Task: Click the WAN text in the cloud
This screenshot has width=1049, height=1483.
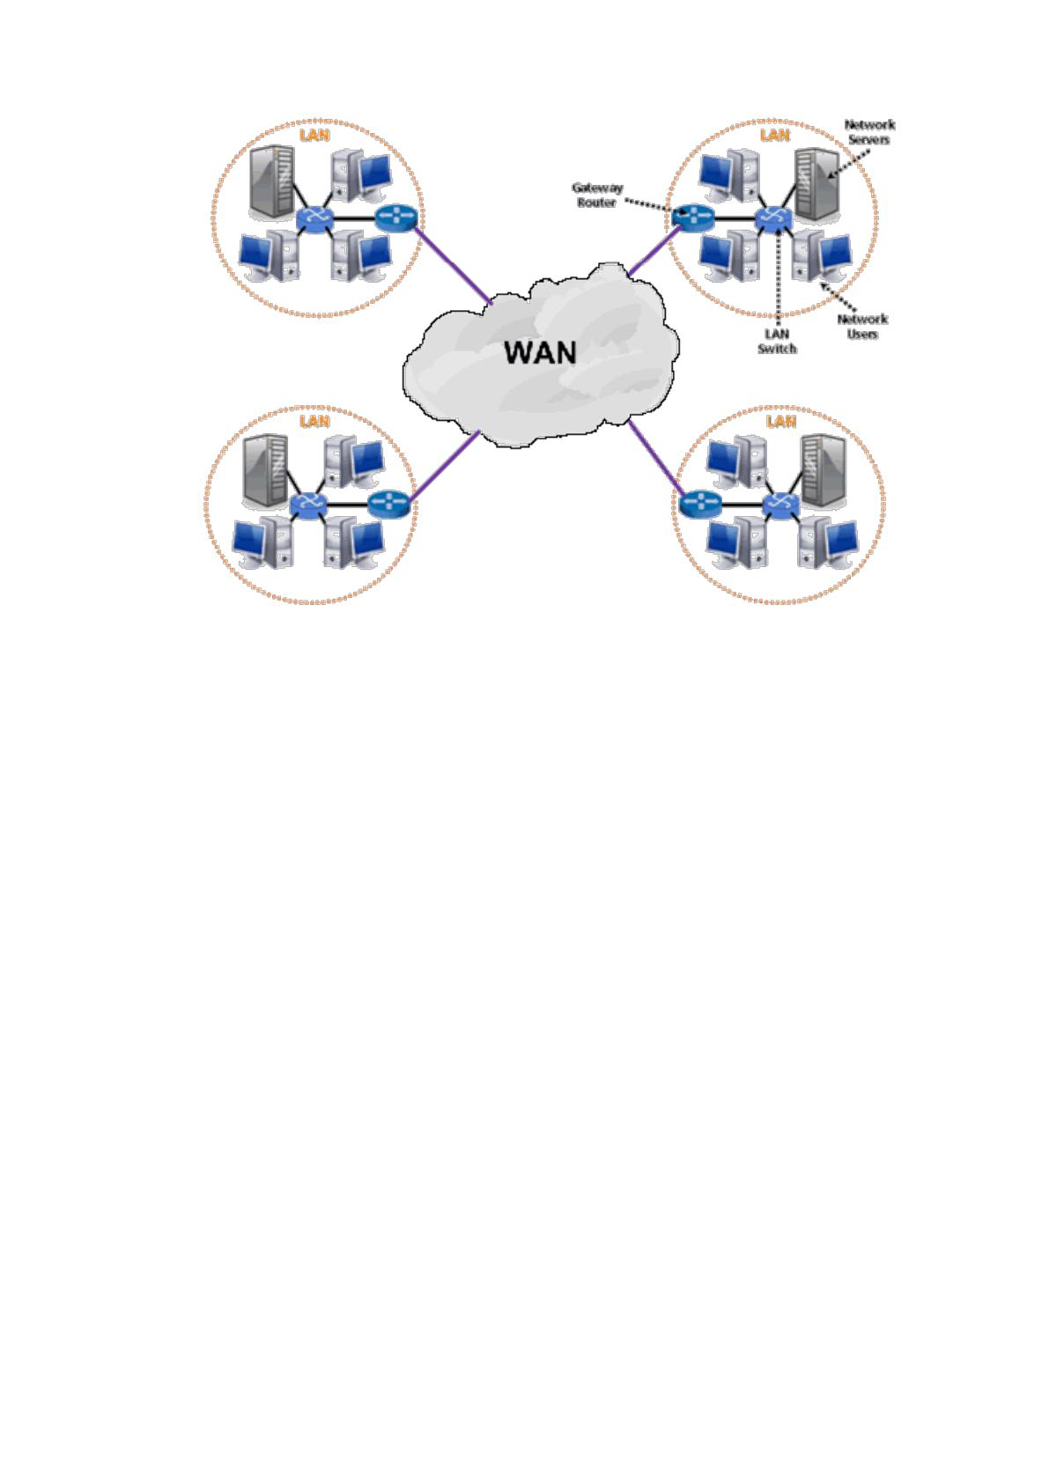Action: tap(540, 352)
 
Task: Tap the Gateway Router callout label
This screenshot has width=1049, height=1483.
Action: tap(596, 196)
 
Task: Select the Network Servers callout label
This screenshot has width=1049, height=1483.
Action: tap(868, 132)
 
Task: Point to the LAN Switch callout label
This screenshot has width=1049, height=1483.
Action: tap(777, 341)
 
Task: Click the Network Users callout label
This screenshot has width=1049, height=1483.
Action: tap(862, 327)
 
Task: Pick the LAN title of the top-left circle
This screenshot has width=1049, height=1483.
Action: tap(314, 135)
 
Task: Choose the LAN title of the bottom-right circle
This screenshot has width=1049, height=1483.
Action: tap(780, 421)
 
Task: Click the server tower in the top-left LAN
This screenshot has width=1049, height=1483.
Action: tap(272, 182)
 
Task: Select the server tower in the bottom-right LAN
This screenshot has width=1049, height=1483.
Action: tap(824, 471)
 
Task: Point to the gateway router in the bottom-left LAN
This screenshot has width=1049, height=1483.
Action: tap(388, 504)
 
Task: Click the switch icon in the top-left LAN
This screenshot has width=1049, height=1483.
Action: tap(315, 218)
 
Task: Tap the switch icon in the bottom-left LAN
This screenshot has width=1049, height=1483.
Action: tap(308, 505)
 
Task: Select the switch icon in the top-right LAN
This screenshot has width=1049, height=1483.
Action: tap(773, 218)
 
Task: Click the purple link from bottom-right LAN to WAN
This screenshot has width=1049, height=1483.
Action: tap(655, 458)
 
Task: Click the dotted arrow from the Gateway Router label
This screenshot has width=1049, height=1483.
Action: tap(654, 207)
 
